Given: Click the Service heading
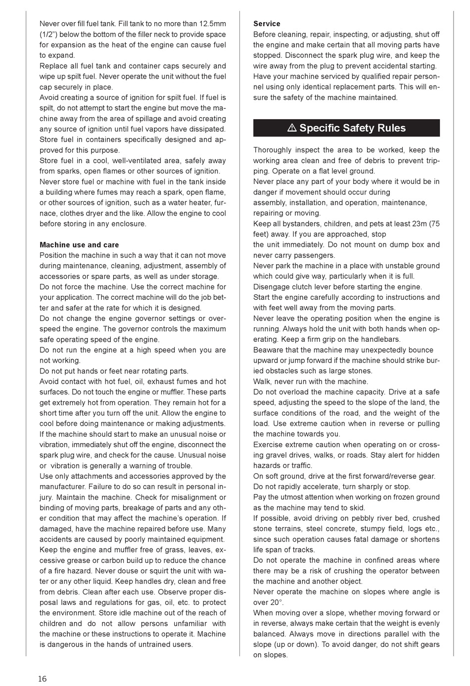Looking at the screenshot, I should click(267, 24).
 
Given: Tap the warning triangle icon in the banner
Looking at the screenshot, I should click(292, 128).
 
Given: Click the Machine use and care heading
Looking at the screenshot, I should click(79, 245).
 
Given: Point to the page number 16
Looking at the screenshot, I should click(43, 679).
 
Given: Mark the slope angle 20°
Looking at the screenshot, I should click(275, 602).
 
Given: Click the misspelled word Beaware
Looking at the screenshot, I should click(269, 350).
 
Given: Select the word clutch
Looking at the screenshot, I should click(304, 287).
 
